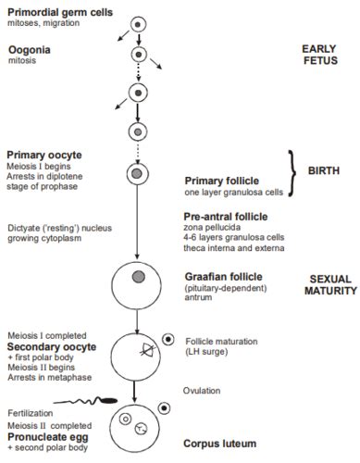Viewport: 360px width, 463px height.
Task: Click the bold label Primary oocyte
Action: pyautogui.click(x=42, y=155)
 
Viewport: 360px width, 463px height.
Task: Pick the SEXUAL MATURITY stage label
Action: pyautogui.click(x=329, y=283)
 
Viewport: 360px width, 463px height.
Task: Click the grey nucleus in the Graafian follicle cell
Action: pyautogui.click(x=138, y=277)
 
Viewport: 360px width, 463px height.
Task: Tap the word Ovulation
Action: pyautogui.click(x=204, y=389)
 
